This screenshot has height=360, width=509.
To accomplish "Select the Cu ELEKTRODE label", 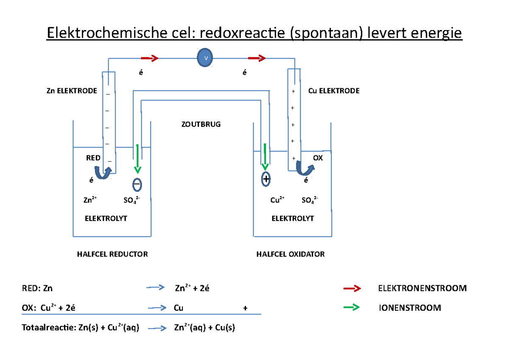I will pos(334,91).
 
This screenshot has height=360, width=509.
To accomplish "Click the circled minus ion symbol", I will pos(137,185).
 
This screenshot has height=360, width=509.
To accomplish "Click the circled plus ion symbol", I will pos(266,179).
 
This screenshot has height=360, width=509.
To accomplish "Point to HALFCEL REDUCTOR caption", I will pos(112,254).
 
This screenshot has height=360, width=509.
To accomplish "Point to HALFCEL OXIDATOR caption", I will pos(291,254).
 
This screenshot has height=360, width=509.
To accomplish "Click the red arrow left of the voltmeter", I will pos(150,59).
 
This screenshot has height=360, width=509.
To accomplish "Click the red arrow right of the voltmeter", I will pos(257,59).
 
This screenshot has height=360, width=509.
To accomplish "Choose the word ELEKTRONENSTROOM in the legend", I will pos(422,289).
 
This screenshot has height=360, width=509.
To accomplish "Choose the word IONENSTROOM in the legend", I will pos(409,308).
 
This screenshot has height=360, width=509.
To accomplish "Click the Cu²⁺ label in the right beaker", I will pos(277,200).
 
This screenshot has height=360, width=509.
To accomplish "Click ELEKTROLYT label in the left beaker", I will pos(106,219).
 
